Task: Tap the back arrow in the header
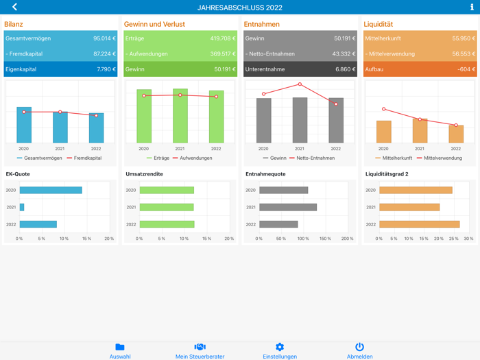click(14, 7)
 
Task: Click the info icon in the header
click(472, 7)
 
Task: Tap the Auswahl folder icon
click(120, 347)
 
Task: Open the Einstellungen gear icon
click(279, 347)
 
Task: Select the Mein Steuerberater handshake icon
click(200, 347)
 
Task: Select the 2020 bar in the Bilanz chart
click(24, 125)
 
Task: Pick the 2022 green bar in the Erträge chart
click(216, 117)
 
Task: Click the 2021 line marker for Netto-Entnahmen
click(300, 84)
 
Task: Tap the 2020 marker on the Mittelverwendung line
click(383, 109)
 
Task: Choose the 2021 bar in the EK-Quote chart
click(22, 207)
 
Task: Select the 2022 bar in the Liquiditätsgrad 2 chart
click(419, 224)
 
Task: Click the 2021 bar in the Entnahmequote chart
click(288, 207)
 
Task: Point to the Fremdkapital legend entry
click(84, 158)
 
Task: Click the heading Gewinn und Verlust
click(154, 25)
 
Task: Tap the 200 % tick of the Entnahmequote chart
click(347, 239)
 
